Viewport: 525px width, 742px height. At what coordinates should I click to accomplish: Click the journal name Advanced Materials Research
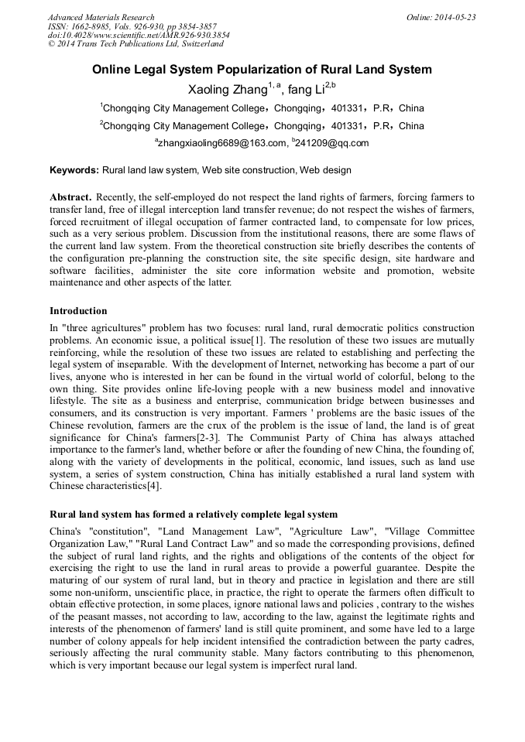pos(101,17)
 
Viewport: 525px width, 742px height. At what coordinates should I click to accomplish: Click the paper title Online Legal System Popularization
pos(262,70)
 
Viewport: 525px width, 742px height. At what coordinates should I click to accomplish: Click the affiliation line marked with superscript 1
pos(262,108)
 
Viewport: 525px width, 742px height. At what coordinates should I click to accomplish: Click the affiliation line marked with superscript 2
pos(262,126)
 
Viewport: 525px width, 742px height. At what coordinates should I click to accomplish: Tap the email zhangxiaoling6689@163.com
pos(220,143)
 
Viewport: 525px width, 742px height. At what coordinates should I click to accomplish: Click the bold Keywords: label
pos(74,170)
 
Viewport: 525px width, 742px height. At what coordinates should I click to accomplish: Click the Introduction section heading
pos(78,311)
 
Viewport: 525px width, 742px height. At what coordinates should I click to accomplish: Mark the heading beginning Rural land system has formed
pos(194,515)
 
